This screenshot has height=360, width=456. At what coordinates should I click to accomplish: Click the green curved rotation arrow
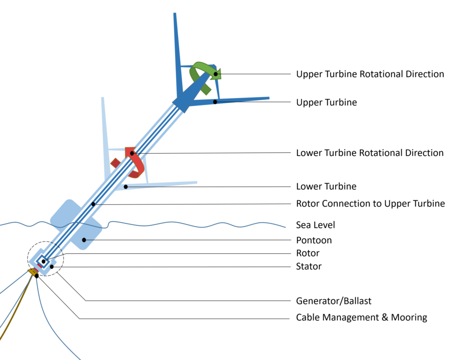201,75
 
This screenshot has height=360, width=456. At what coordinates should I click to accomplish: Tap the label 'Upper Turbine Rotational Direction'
370,74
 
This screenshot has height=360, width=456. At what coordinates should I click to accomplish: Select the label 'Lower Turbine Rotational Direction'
370,153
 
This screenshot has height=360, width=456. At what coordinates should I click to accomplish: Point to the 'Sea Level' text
316,225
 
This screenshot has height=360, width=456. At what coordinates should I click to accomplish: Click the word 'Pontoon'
314,240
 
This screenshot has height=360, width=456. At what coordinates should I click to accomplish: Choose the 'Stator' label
309,266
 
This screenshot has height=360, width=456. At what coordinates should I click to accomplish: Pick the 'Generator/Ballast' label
334,301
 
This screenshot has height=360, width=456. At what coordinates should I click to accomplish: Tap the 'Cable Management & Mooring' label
362,318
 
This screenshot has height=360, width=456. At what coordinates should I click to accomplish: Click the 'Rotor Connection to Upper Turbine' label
370,203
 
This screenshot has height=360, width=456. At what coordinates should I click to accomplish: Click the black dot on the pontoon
84,240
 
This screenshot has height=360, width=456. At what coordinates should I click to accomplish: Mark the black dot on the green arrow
216,73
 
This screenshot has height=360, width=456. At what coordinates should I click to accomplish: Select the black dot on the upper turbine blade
215,102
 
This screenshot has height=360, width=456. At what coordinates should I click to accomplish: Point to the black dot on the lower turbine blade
125,187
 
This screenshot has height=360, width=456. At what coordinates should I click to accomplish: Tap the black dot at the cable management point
36,276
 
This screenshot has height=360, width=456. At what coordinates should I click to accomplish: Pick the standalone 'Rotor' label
308,253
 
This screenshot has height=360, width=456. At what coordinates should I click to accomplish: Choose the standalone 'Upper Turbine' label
326,103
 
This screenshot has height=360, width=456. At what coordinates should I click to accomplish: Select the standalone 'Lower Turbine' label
326,186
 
